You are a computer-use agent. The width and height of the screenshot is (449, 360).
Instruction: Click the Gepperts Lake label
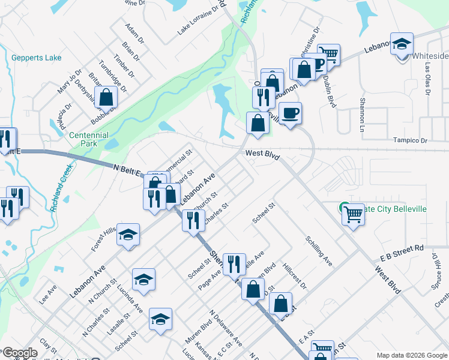coord(36,58)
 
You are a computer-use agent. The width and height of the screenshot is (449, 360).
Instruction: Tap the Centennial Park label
coord(88,140)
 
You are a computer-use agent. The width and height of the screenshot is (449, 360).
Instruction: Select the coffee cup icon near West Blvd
coord(291,113)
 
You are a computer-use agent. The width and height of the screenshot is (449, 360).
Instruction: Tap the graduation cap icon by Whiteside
coord(402,44)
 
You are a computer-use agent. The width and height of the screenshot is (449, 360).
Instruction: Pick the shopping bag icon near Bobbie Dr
coord(106,97)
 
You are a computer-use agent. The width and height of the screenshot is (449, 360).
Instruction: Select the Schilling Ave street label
coord(318,251)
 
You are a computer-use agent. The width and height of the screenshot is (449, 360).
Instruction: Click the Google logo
coord(19,353)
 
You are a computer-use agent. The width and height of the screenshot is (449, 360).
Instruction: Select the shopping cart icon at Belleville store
coord(353,214)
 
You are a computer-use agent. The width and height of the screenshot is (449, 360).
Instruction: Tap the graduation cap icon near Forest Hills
coord(128,235)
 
